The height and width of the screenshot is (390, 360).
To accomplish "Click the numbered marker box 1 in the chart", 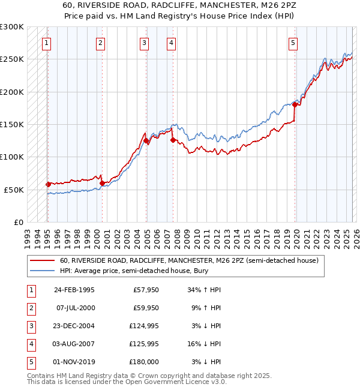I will (x=46, y=43).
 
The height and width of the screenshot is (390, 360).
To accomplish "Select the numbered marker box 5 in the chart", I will (x=293, y=43).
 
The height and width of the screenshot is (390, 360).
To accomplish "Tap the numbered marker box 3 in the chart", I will (x=145, y=43).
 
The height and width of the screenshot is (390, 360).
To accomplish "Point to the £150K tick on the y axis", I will (x=13, y=125).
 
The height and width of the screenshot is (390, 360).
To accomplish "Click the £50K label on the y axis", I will (x=14, y=190).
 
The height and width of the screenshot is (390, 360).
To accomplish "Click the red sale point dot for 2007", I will (x=173, y=140).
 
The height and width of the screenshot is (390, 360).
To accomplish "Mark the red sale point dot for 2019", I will (x=295, y=104).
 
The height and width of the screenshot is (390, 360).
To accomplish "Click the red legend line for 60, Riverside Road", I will (x=43, y=261).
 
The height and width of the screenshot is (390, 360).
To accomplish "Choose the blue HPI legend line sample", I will (x=43, y=272).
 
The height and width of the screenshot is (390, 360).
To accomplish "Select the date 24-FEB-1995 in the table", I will (x=74, y=290).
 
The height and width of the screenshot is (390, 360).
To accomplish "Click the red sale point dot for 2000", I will (x=102, y=183).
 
